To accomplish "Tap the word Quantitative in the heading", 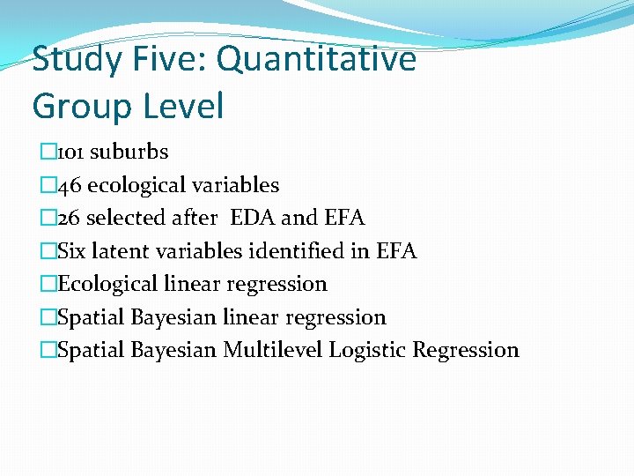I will pyautogui.click(x=316, y=61).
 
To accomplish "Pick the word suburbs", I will pyautogui.click(x=129, y=152).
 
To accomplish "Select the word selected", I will pyautogui.click(x=130, y=218).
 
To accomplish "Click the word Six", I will pyautogui.click(x=71, y=251).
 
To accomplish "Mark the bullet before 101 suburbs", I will pyautogui.click(x=48, y=152).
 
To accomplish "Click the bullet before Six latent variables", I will pyautogui.click(x=48, y=251).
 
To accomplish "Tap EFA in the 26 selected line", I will pyautogui.click(x=343, y=218).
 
